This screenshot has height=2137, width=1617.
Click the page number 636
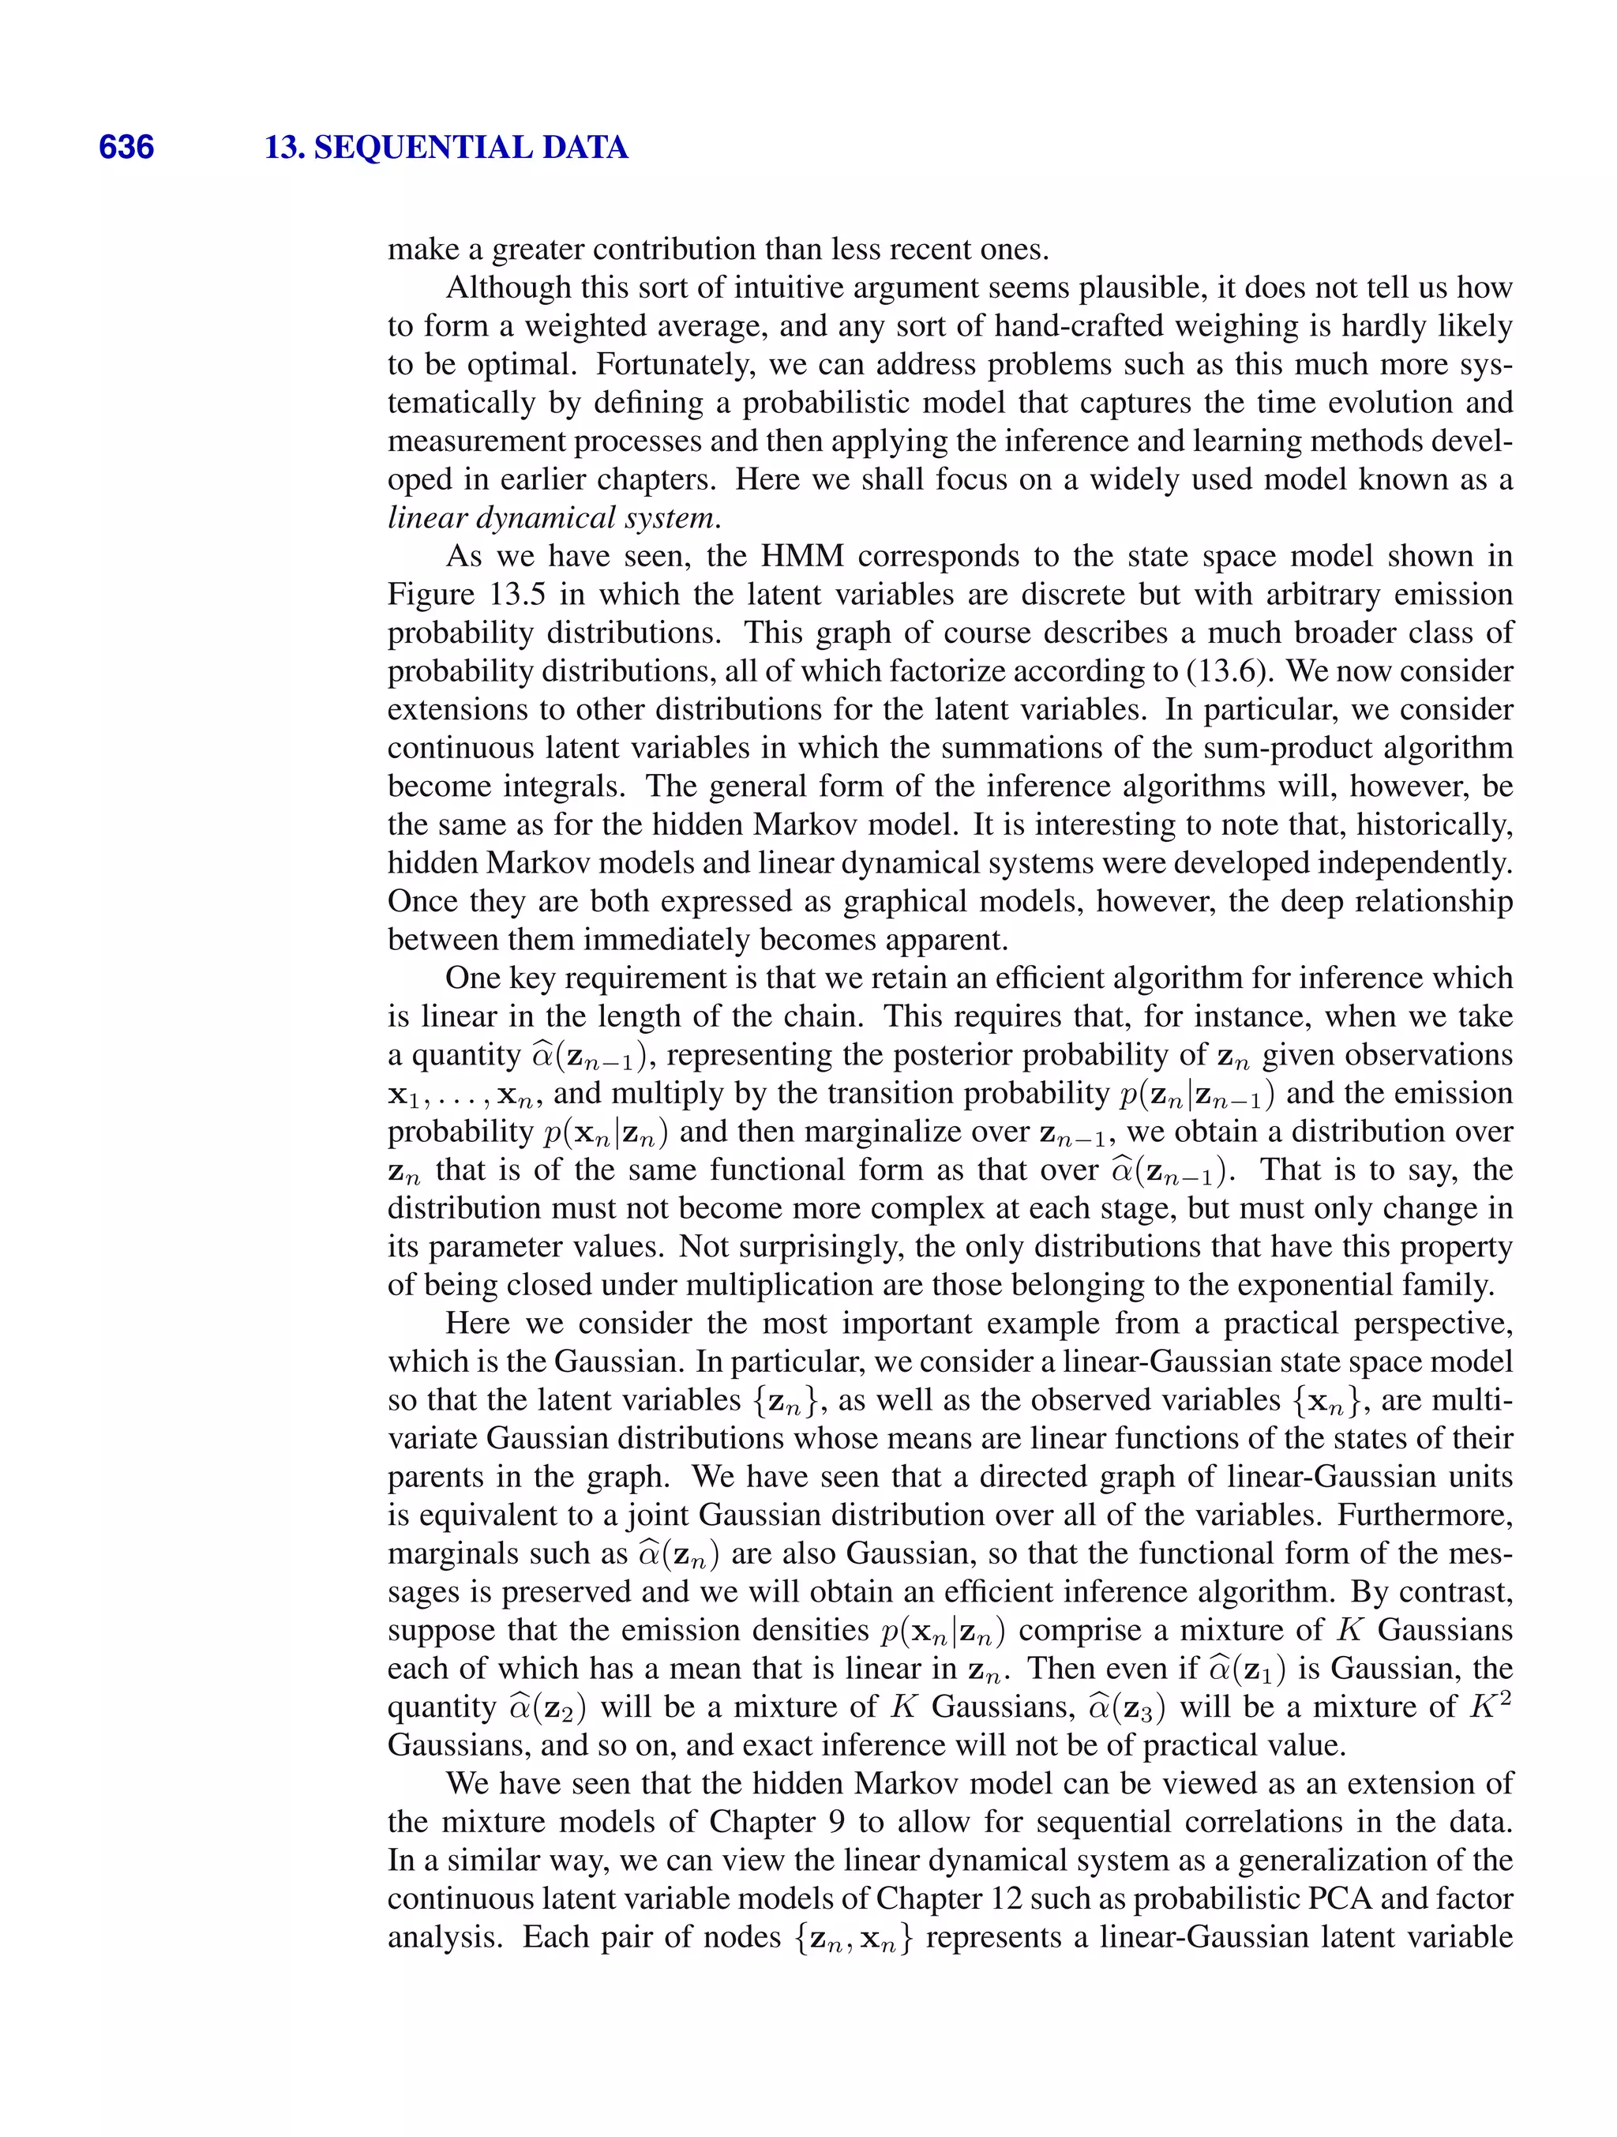coord(126,148)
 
